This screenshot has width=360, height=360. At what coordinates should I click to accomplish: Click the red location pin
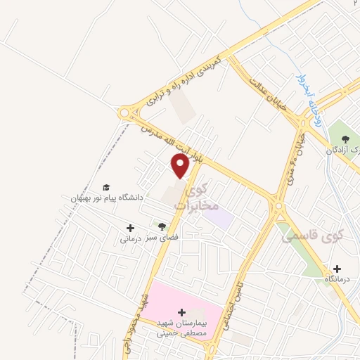coord(180,166)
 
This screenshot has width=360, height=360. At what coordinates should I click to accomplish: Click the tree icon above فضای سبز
coord(163,226)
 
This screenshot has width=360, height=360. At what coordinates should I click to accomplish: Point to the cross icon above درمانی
coord(129,228)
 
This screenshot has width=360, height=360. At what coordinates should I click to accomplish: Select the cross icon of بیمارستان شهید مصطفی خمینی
coord(182,311)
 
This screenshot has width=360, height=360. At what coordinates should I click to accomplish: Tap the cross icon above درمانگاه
coord(337,269)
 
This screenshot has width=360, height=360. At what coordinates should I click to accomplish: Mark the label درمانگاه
coord(338,280)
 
